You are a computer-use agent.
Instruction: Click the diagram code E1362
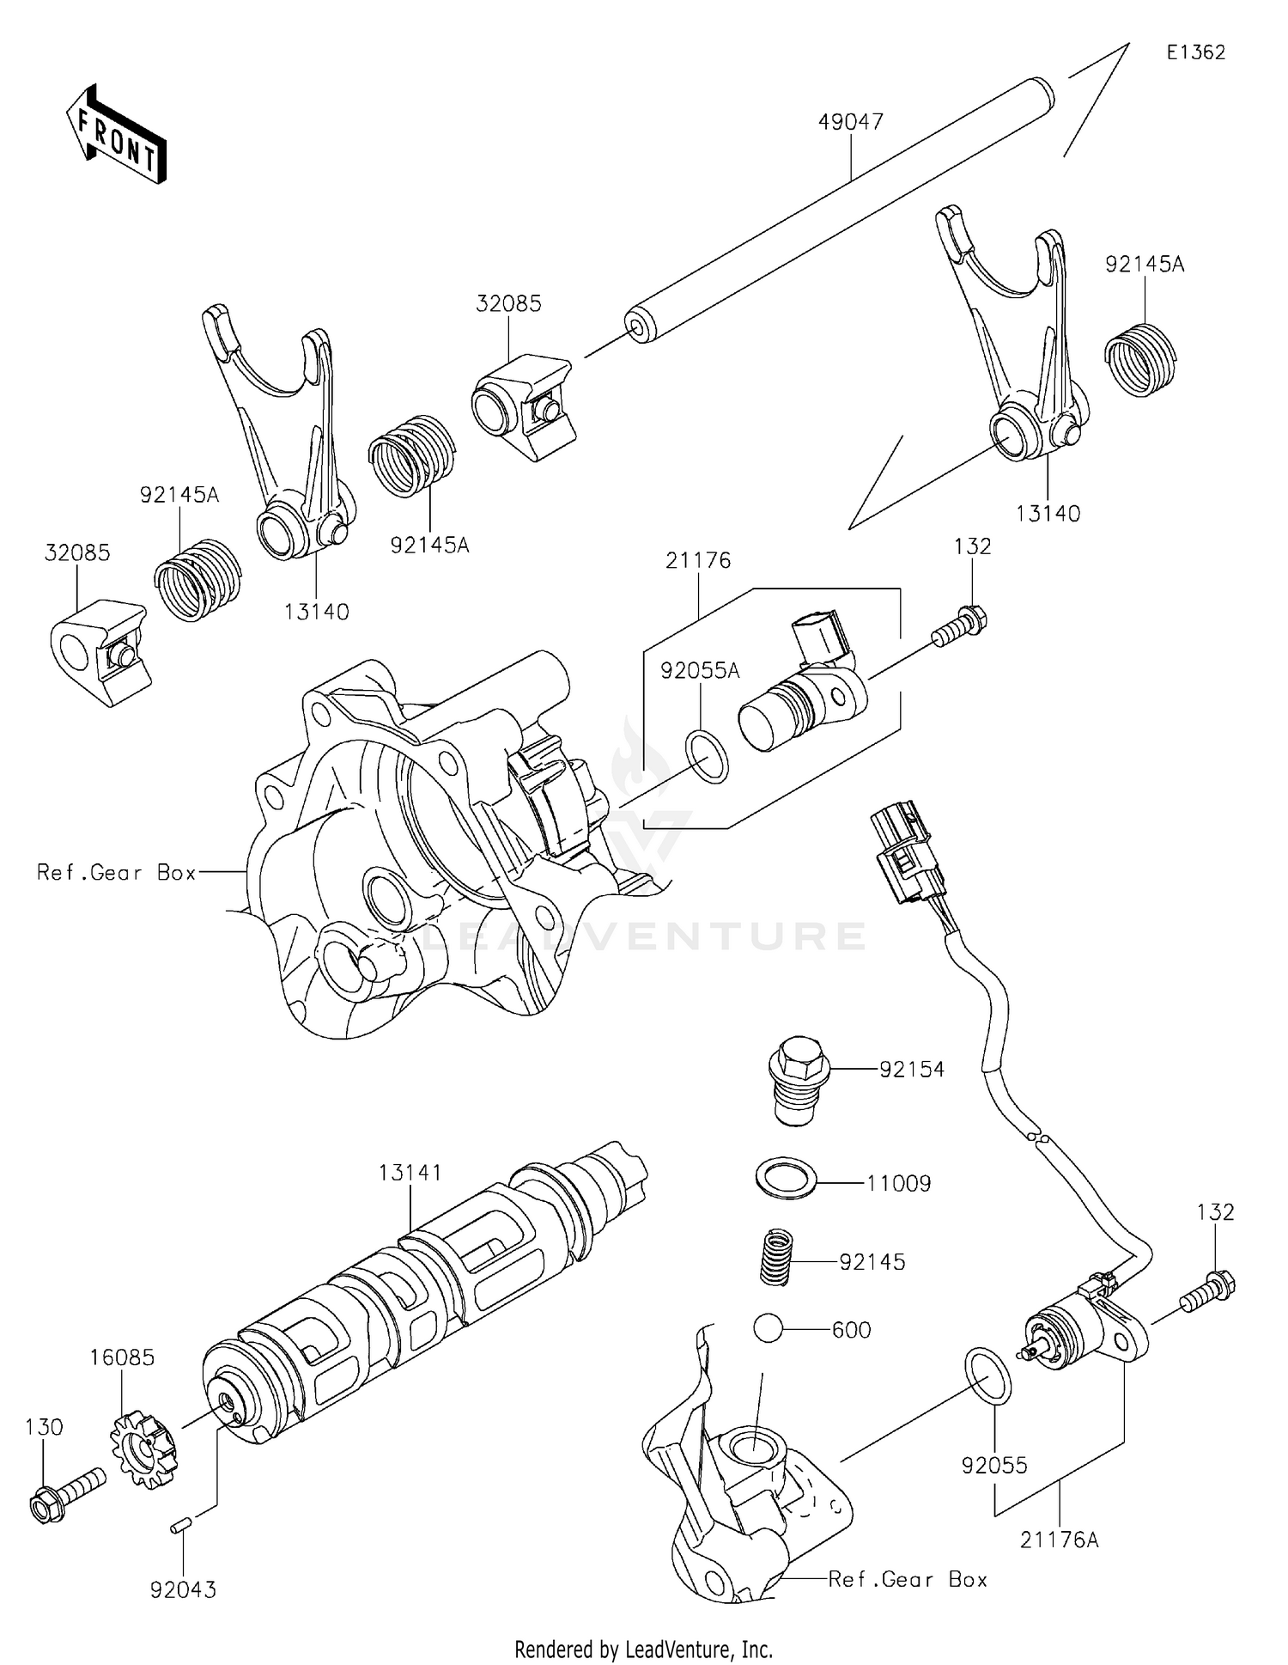tap(1195, 52)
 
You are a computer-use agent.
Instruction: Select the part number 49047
tap(850, 122)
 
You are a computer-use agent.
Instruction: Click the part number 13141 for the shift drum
tap(410, 1173)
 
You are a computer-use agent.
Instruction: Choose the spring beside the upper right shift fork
tap(1140, 358)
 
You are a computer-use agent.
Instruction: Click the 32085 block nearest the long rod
tap(521, 408)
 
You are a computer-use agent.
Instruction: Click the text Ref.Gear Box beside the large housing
tap(117, 873)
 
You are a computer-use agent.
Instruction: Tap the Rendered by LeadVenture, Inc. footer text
tap(643, 1649)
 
